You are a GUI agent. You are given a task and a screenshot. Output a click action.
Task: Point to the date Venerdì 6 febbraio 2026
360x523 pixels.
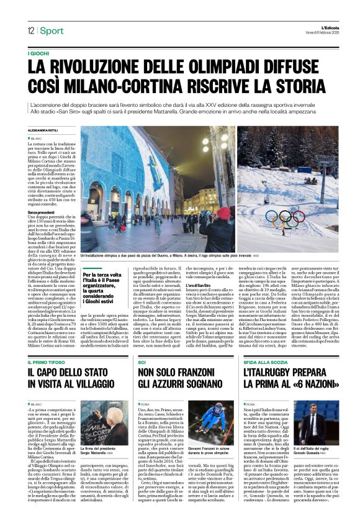320,32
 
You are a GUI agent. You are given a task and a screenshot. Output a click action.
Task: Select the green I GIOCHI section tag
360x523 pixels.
38,54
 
